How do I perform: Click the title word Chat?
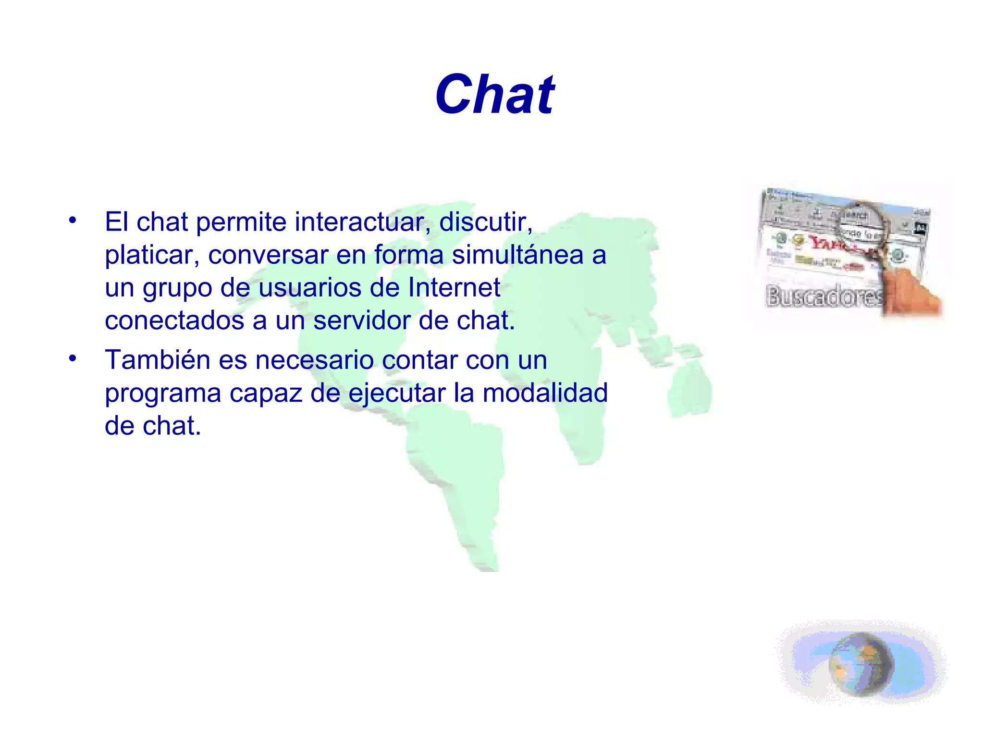click(494, 95)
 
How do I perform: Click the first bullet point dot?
click(73, 221)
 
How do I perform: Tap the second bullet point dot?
click(73, 358)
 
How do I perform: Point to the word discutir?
click(485, 222)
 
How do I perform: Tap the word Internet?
click(454, 288)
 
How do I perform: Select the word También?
click(157, 360)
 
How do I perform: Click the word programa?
click(163, 394)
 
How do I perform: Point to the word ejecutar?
click(397, 394)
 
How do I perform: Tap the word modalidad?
click(545, 393)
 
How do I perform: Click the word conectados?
click(174, 320)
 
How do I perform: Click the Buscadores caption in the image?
click(824, 295)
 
